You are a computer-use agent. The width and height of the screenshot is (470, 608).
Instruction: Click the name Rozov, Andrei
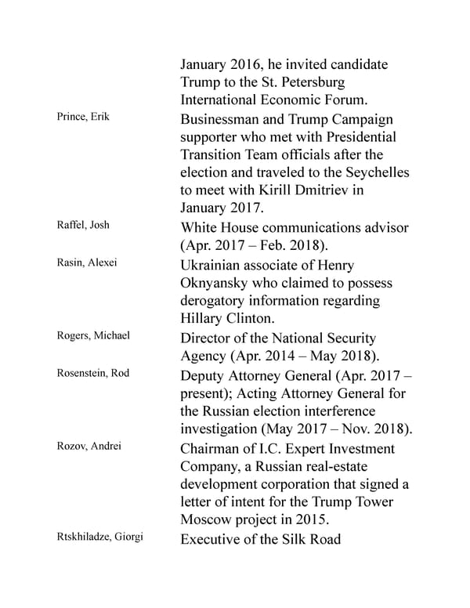coord(83,446)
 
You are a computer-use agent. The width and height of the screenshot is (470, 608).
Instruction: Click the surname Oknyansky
coord(219,283)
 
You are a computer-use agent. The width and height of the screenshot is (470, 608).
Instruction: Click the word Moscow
coord(210,520)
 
